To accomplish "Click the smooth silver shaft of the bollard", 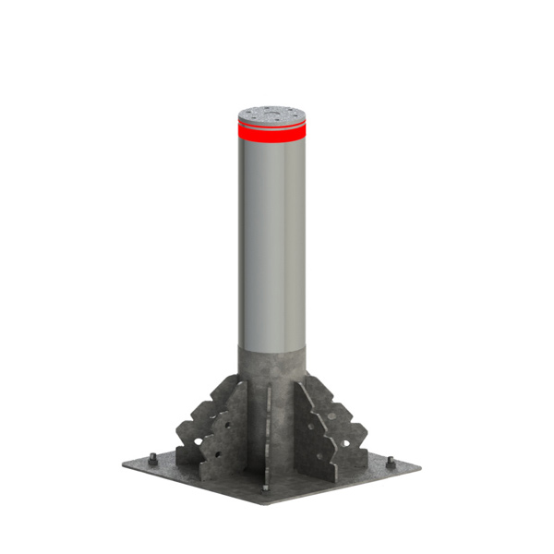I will pos(274,240).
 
